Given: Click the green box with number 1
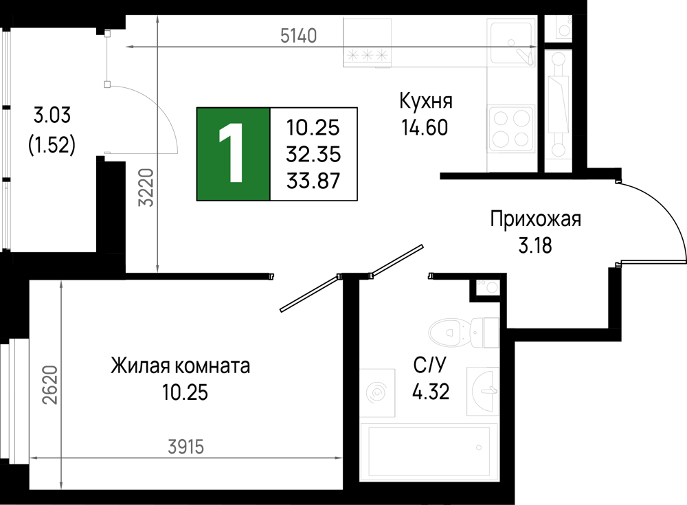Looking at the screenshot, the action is coord(233,154).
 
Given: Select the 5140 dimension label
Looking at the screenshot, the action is coord(298,36).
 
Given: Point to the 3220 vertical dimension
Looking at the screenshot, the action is coord(146,188).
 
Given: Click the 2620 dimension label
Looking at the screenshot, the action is coord(50,385).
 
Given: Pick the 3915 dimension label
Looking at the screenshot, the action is coord(186,447).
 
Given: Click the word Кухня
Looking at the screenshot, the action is coord(426,101).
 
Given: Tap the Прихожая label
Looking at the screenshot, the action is coord(535,218).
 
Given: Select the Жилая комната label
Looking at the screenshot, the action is coord(180,366).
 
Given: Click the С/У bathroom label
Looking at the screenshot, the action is coord(429,365).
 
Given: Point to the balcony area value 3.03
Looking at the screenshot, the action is coord(52,115).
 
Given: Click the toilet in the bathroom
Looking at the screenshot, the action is coord(464,333).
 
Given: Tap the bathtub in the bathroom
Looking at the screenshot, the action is coord(429,452).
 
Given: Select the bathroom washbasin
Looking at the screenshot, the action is coord(483,390).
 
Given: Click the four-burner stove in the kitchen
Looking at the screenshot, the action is coord(511,129).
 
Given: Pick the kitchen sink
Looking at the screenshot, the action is coord(511,43).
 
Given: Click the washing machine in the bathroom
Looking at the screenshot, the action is coord(377,393).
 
